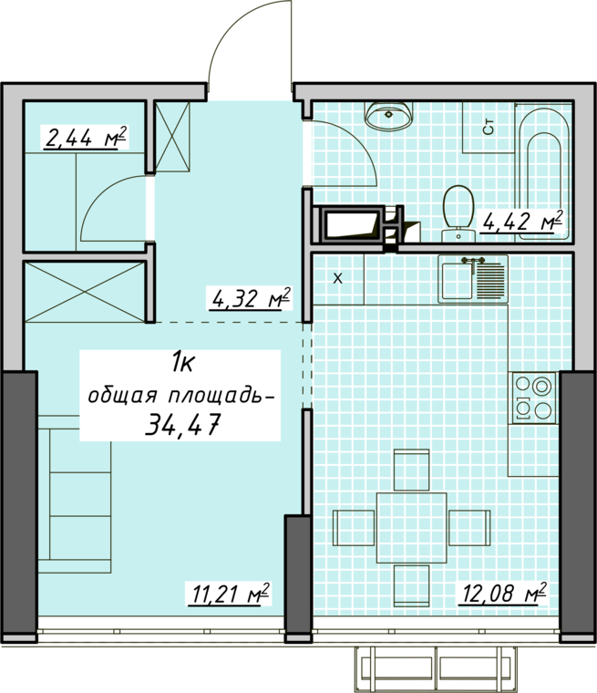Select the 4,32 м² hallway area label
click(250, 299)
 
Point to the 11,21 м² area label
click(230, 594)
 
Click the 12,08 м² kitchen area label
click(503, 592)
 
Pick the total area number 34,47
click(182, 426)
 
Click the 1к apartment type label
click(181, 366)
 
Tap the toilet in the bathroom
click(458, 214)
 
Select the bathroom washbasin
click(389, 116)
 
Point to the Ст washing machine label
click(489, 128)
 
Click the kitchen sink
click(473, 279)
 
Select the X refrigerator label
click(337, 278)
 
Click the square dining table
click(411, 528)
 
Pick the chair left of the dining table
click(354, 528)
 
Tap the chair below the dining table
click(411, 585)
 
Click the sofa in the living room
click(74, 494)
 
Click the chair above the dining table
click(411, 471)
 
